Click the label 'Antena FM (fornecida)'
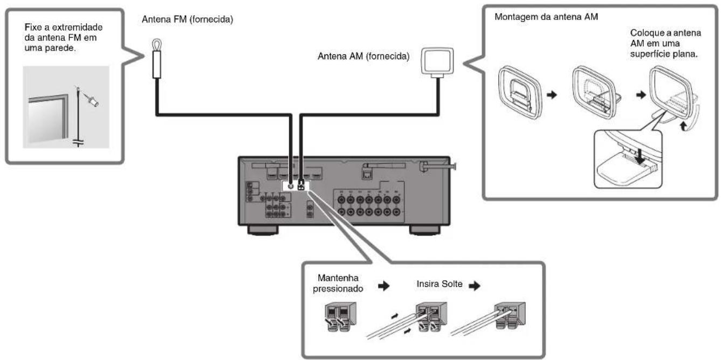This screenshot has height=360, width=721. tap(187, 19)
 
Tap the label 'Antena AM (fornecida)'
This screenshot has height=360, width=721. tap(363, 56)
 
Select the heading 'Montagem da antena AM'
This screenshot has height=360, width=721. tap(546, 17)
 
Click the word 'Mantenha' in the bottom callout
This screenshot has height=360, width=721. tap(338, 278)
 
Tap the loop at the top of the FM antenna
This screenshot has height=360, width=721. tap(157, 44)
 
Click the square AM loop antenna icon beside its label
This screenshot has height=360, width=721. tap(437, 62)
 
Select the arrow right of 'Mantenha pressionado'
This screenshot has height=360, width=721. tap(384, 286)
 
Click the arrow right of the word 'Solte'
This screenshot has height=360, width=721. tap(475, 286)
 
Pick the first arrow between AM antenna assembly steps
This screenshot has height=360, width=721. tap(552, 95)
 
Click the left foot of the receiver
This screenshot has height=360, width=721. tap(263, 230)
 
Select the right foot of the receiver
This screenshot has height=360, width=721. tap(424, 230)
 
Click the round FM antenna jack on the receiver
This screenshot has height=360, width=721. tap(291, 186)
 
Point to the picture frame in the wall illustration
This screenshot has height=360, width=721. tap(49, 119)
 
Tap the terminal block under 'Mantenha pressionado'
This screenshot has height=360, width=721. tap(340, 316)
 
